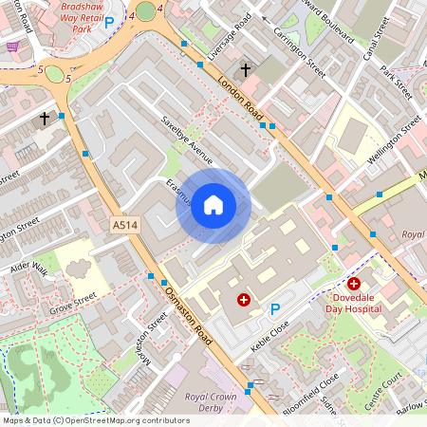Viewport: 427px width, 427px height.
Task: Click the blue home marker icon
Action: click(x=213, y=204)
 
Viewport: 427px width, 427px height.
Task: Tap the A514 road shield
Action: click(x=124, y=226)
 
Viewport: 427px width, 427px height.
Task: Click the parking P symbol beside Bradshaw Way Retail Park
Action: click(x=109, y=21)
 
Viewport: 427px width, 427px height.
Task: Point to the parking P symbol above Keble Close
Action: click(x=276, y=307)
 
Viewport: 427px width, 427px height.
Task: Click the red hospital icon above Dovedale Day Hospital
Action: click(x=354, y=283)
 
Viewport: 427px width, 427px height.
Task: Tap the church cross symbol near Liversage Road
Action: click(x=246, y=69)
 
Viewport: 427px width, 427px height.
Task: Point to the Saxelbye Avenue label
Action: click(x=190, y=141)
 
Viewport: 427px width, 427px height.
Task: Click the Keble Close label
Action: click(x=269, y=328)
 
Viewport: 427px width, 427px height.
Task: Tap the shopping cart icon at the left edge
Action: click(x=11, y=46)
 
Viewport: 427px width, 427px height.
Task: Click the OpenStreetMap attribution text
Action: click(x=95, y=420)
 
